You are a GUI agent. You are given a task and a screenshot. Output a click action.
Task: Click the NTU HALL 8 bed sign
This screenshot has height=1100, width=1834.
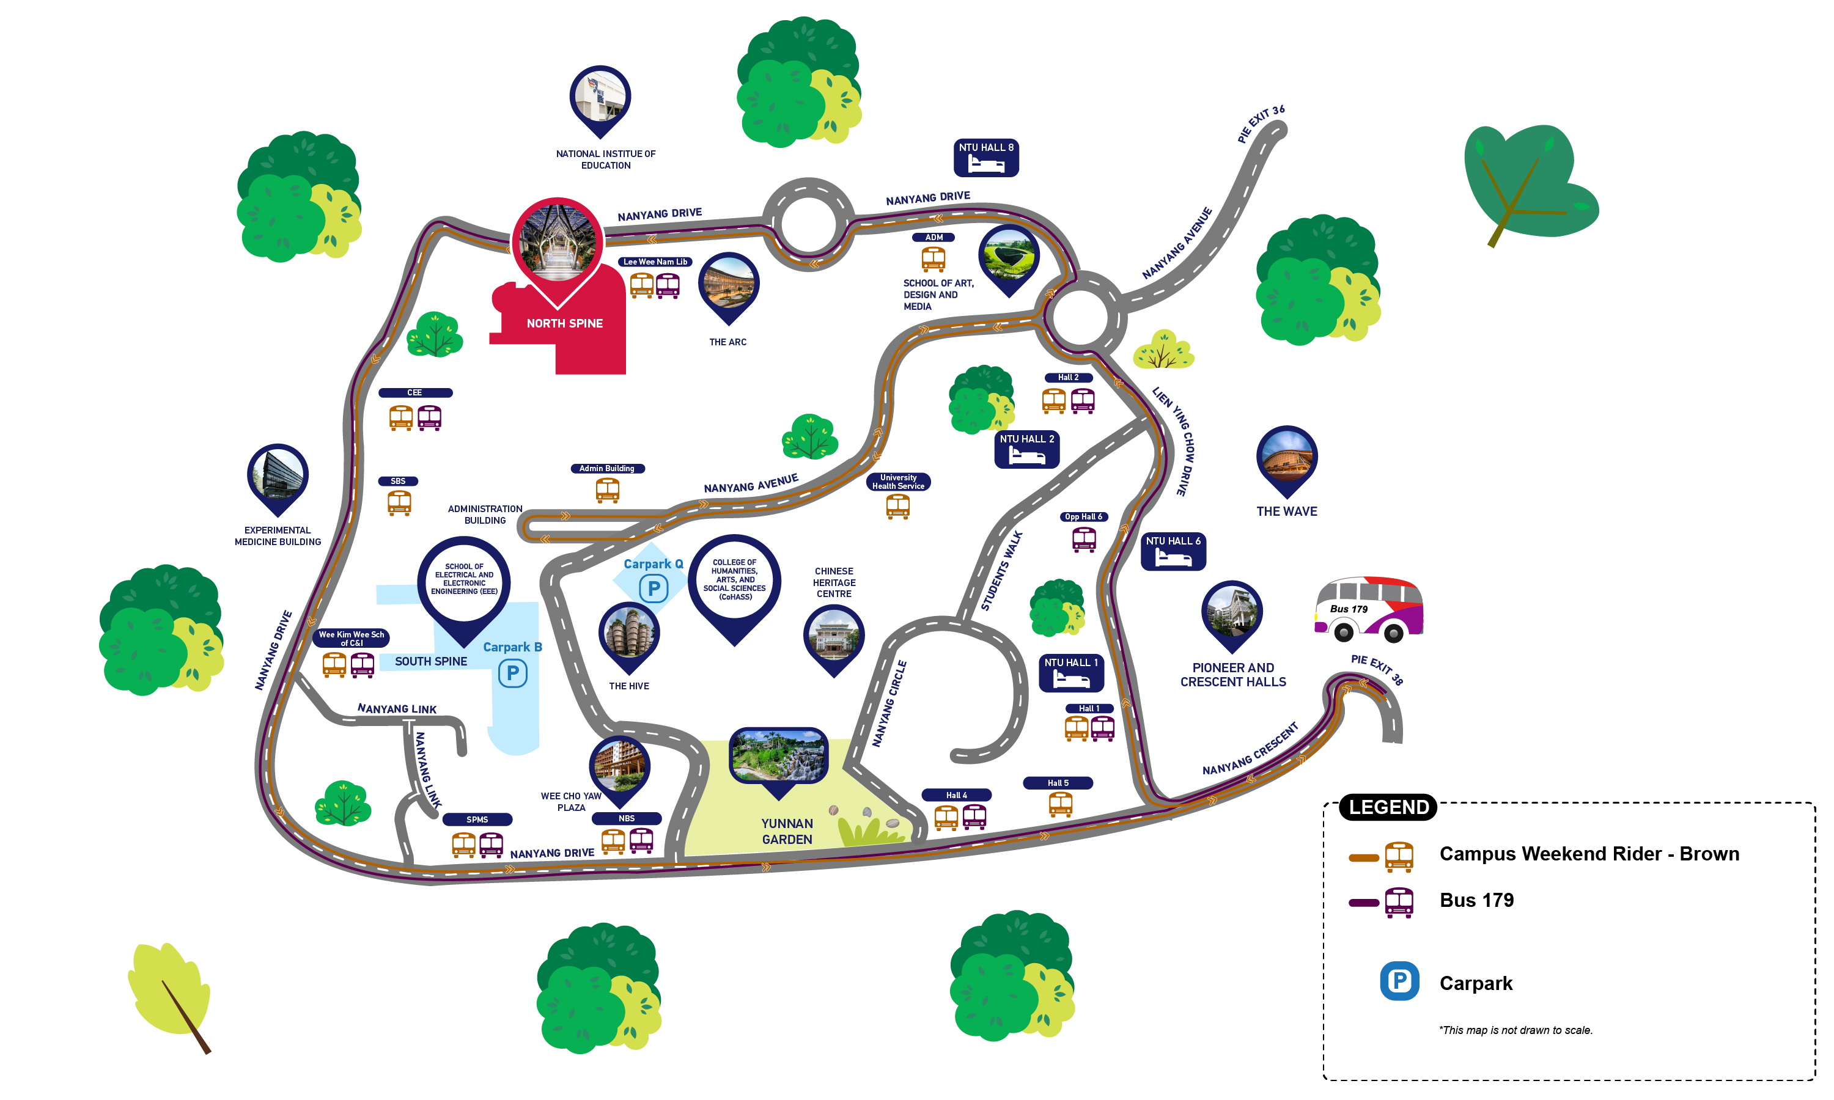click(x=985, y=157)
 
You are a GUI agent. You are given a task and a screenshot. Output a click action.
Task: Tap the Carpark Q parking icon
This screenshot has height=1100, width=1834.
click(x=653, y=588)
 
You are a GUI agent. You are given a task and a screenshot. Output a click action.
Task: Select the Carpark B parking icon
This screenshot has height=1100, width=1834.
click(x=512, y=673)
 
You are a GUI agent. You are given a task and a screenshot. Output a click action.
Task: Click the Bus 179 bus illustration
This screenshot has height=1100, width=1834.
click(x=1368, y=609)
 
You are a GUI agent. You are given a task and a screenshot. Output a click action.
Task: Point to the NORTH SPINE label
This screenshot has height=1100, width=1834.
click(x=564, y=323)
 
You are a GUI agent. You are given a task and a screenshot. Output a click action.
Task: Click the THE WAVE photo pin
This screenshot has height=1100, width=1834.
click(x=1286, y=458)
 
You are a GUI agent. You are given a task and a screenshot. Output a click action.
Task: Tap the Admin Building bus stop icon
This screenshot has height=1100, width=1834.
click(x=607, y=490)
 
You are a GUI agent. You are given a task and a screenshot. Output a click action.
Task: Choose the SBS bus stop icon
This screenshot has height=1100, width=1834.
click(x=399, y=502)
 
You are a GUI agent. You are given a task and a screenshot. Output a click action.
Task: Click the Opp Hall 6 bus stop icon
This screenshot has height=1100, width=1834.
click(x=1084, y=539)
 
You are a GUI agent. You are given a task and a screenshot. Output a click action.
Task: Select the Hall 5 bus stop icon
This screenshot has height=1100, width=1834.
click(x=1060, y=804)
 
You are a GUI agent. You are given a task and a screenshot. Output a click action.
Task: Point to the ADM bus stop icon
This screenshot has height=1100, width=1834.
click(x=934, y=258)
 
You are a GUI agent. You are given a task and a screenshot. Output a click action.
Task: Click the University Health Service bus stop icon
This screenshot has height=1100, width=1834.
click(x=897, y=506)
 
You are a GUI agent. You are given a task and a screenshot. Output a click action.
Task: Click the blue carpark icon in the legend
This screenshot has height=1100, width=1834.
click(x=1399, y=981)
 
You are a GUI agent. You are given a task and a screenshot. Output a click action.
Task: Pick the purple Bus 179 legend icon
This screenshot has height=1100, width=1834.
click(x=1398, y=902)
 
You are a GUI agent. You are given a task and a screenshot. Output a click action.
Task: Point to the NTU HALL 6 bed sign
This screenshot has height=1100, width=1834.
click(x=1173, y=551)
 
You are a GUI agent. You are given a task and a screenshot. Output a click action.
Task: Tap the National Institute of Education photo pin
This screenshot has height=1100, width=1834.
click(x=600, y=98)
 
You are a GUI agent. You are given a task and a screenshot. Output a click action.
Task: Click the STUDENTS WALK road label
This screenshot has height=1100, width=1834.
click(x=1001, y=571)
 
